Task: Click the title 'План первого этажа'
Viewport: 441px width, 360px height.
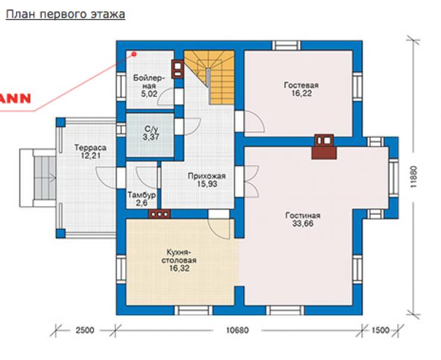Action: [x=65, y=14]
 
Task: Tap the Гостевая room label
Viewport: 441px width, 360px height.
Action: [x=301, y=85]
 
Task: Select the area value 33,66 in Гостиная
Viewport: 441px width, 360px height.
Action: [x=303, y=224]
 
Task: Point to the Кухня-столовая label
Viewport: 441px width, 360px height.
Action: [x=179, y=256]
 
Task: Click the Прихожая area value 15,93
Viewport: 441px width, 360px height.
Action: [x=207, y=184]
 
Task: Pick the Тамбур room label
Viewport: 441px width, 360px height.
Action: [x=141, y=195]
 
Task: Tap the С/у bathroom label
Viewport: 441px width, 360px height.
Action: [x=151, y=129]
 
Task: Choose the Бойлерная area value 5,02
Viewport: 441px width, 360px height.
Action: [x=149, y=94]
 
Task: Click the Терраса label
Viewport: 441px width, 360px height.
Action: [x=90, y=147]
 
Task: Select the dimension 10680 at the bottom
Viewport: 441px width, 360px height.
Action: [x=238, y=330]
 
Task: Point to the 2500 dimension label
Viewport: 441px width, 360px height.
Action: [x=85, y=330]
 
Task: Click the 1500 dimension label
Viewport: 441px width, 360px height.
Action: [x=381, y=330]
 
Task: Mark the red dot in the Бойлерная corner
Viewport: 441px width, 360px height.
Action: [x=134, y=54]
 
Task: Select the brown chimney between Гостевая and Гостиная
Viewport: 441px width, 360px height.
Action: [x=324, y=147]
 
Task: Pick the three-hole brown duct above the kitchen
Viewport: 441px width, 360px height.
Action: [x=160, y=214]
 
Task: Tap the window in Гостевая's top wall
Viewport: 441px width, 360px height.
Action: [x=286, y=45]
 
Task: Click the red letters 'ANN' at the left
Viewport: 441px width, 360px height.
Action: [x=15, y=98]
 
